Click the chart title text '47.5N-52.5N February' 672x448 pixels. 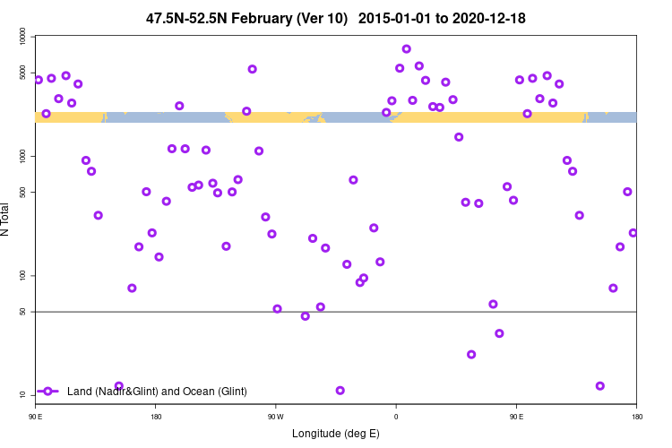point(246,19)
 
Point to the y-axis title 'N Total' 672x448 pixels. point(6,220)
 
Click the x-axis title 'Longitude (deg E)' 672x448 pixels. point(336,434)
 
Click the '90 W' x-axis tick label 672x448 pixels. point(275,417)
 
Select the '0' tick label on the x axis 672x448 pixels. point(396,417)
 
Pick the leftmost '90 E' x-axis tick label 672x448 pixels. point(36,417)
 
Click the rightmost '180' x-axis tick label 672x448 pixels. point(636,417)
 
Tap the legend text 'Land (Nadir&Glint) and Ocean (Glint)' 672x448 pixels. point(157,392)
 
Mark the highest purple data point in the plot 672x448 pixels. point(407,49)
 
